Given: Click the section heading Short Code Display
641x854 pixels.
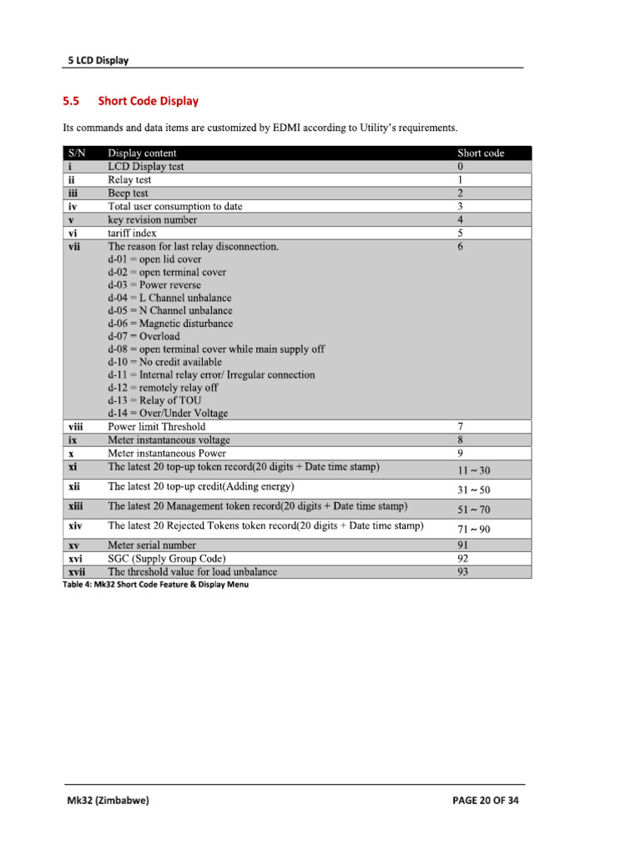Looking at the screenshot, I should pos(148,102).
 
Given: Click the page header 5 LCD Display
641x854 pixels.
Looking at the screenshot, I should pos(98,60).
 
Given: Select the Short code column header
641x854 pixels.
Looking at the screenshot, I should pos(481,153).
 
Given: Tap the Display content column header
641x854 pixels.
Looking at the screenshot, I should pos(142,153).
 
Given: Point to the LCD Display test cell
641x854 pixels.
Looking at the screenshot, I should pos(146,166).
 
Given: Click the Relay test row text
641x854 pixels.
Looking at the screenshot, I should pos(129,179).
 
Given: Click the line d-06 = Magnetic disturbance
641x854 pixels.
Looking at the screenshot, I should pos(170,324).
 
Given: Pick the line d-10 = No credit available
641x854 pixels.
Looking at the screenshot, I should pos(164,362).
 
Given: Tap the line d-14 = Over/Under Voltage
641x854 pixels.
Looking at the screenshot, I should pos(168,414).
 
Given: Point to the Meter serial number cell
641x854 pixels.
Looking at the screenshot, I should pos(152,545).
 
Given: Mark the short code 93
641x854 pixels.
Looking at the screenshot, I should pos(462,572).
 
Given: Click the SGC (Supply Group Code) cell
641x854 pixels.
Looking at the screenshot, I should pos(167,559).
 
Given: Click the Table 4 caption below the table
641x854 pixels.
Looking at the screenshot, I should pos(155,585).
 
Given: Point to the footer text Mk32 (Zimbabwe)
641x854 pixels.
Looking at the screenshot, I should pos(109,801).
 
